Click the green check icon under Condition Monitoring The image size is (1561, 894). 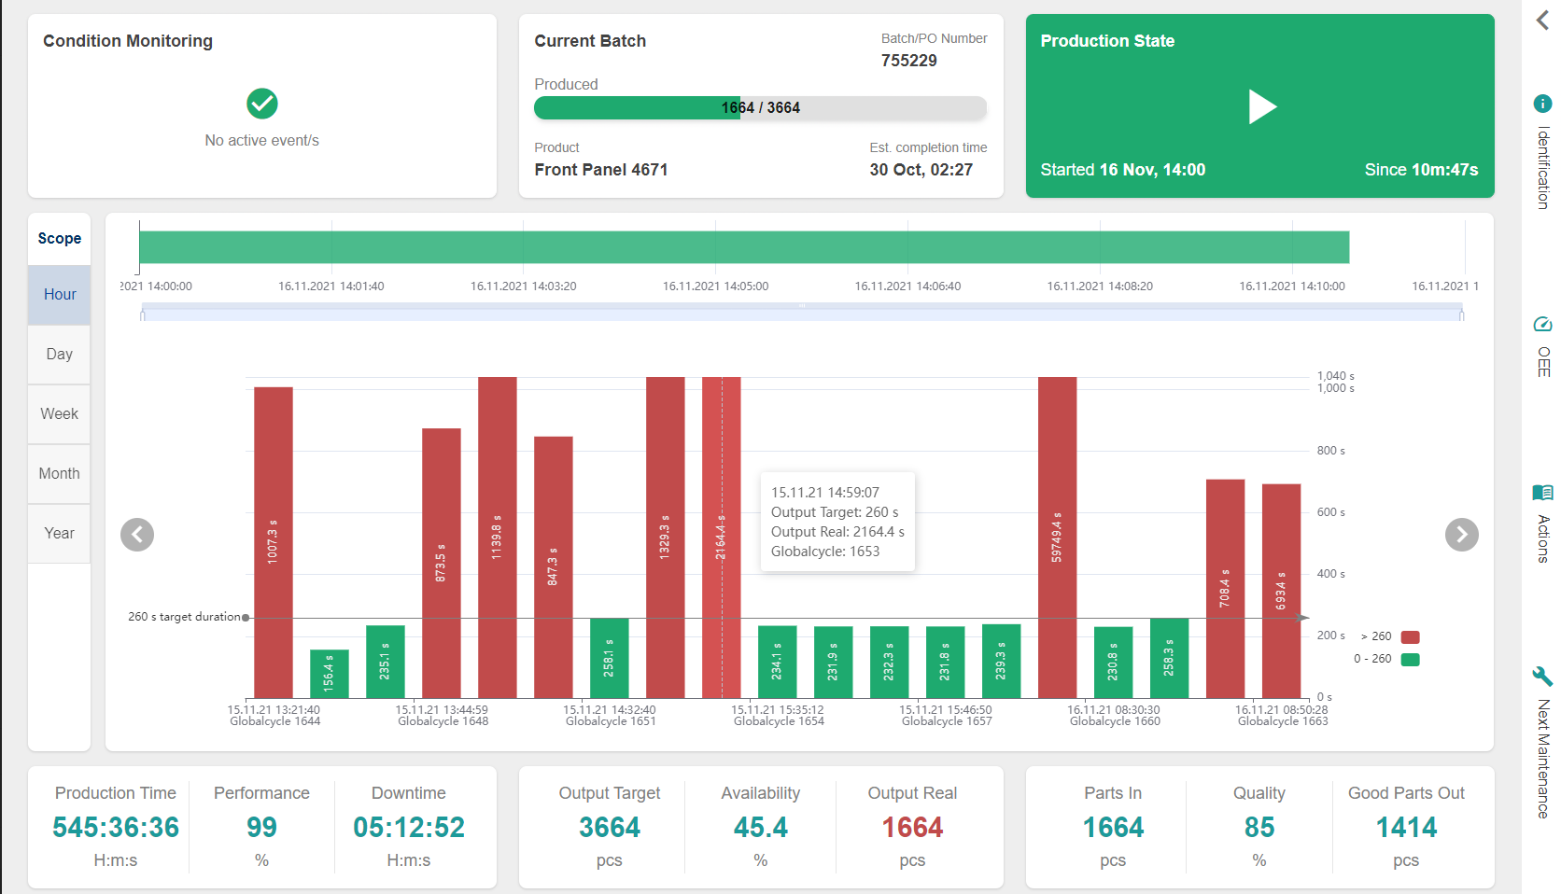pyautogui.click(x=262, y=104)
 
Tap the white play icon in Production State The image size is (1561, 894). pyautogui.click(x=1261, y=106)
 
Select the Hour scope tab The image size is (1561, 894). pyautogui.click(x=60, y=295)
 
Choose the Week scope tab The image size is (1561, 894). pyautogui.click(x=60, y=414)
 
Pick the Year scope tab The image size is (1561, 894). pyautogui.click(x=60, y=534)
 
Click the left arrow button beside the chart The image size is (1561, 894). pyautogui.click(x=137, y=535)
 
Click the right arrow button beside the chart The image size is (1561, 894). pyautogui.click(x=1461, y=535)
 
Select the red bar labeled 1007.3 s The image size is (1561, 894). pyautogui.click(x=274, y=541)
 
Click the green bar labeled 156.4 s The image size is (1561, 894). pyautogui.click(x=330, y=674)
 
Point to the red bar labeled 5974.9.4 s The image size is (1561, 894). pyautogui.click(x=1057, y=537)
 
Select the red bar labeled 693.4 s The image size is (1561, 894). pyautogui.click(x=1281, y=590)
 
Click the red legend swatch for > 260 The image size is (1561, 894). pyautogui.click(x=1410, y=637)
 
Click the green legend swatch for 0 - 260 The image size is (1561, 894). pyautogui.click(x=1410, y=660)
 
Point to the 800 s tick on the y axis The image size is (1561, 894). pyautogui.click(x=1330, y=451)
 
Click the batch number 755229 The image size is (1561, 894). pyautogui.click(x=908, y=61)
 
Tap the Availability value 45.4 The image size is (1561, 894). pyautogui.click(x=760, y=828)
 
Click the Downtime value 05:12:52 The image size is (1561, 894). pyautogui.click(x=408, y=828)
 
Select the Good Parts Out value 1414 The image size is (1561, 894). pyautogui.click(x=1406, y=828)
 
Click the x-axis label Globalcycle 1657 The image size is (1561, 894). pyautogui.click(x=947, y=721)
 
